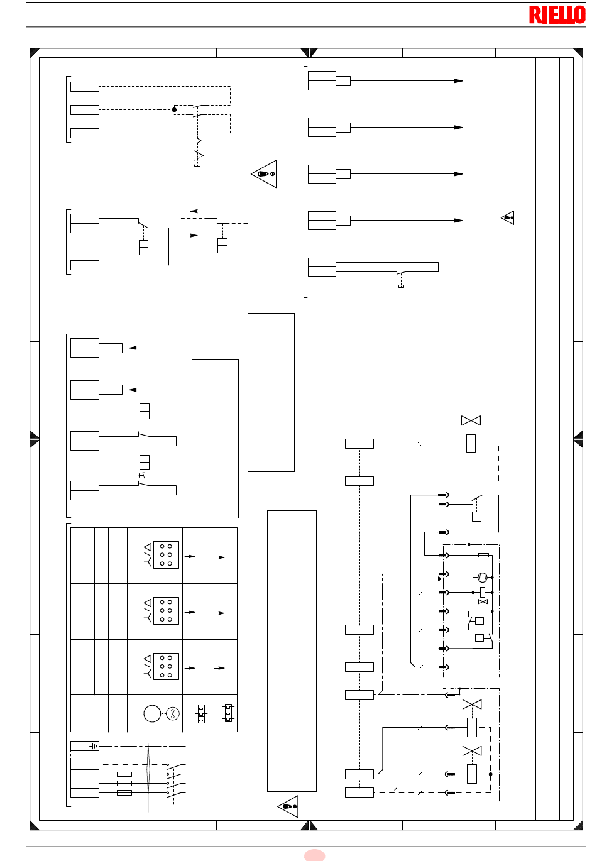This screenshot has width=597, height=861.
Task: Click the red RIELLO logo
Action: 557,14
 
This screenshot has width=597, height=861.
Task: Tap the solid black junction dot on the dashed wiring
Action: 174,109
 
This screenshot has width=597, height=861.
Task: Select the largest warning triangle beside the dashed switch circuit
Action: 265,173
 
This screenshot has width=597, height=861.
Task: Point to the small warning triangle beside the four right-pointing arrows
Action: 508,217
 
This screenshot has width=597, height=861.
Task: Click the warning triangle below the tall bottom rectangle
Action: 288,806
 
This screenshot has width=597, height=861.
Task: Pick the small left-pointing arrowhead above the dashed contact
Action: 194,211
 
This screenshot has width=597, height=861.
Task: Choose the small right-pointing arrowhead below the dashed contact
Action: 194,235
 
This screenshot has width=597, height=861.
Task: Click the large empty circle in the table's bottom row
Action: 152,713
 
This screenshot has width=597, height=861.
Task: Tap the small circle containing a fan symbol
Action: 173,713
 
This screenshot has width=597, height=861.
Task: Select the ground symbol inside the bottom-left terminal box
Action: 94,746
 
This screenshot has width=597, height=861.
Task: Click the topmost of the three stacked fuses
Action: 124,774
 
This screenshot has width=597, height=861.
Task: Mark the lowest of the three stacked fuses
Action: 124,792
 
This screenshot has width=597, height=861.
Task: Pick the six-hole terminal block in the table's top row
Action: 166,555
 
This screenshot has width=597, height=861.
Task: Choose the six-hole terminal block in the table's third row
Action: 166,666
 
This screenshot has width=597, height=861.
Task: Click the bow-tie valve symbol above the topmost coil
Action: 471,420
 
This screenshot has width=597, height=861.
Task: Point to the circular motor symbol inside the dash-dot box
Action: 483,578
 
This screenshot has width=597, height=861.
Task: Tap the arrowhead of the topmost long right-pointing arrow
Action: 458,81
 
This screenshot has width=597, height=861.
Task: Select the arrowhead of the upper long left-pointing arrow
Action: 133,348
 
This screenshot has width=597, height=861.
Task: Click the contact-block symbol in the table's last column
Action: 228,713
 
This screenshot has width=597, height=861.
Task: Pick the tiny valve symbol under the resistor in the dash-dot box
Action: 483,601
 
